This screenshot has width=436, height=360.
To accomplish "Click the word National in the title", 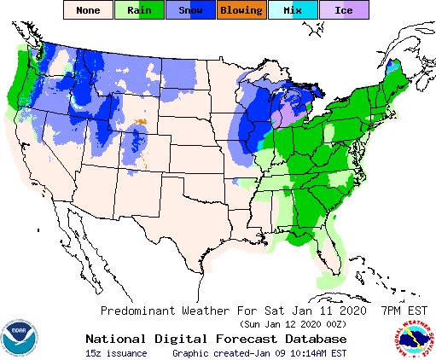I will [x=116, y=338].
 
